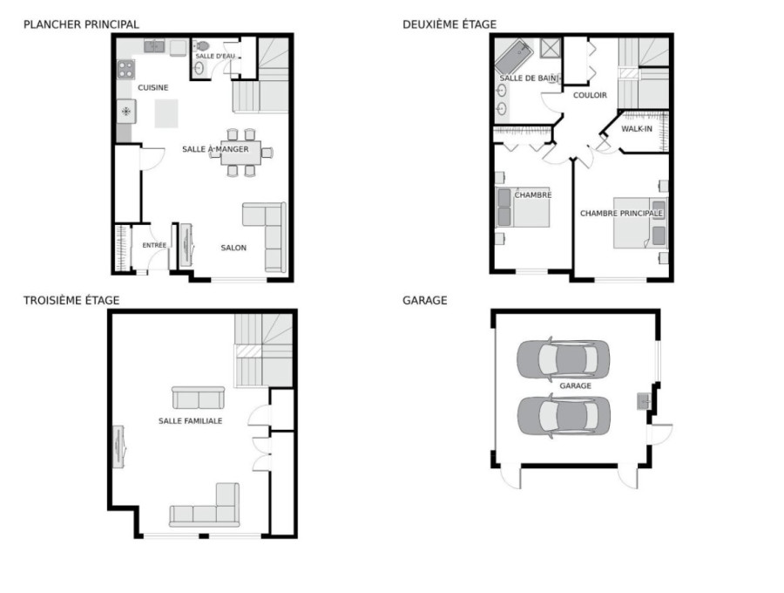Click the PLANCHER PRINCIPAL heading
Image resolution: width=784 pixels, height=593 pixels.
click(81, 24)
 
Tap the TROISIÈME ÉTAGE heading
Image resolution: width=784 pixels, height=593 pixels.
click(71, 300)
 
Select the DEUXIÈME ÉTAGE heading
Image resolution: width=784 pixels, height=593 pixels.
click(449, 24)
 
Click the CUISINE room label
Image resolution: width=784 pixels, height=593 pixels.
click(153, 87)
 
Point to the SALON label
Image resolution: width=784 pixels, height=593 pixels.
click(233, 248)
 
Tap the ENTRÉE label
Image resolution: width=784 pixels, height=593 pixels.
click(154, 245)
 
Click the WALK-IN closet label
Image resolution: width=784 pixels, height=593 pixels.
click(637, 128)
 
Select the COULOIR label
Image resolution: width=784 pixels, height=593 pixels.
click(590, 95)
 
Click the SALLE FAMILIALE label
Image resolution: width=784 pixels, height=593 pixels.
click(190, 421)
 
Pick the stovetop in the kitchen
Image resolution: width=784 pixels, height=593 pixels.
click(126, 69)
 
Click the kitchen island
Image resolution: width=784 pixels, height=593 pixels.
click(166, 113)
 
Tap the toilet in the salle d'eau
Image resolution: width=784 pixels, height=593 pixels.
click(201, 46)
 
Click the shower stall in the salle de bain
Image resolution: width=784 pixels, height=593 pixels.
click(551, 49)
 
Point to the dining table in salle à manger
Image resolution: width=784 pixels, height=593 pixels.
click(241, 153)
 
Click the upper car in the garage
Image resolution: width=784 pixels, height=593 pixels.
click(563, 358)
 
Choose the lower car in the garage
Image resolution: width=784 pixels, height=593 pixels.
click(564, 415)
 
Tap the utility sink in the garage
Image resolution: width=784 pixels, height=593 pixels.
click(644, 401)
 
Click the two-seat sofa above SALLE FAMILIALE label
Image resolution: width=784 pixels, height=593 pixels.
click(198, 398)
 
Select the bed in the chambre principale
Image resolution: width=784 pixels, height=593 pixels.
click(640, 222)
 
